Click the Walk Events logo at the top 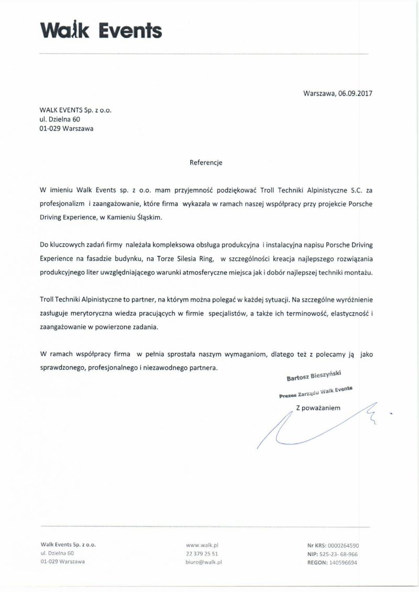tap(100, 30)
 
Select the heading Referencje tap(206, 162)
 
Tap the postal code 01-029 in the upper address tap(49, 129)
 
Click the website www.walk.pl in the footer tap(201, 545)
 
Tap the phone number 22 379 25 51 tap(202, 553)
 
